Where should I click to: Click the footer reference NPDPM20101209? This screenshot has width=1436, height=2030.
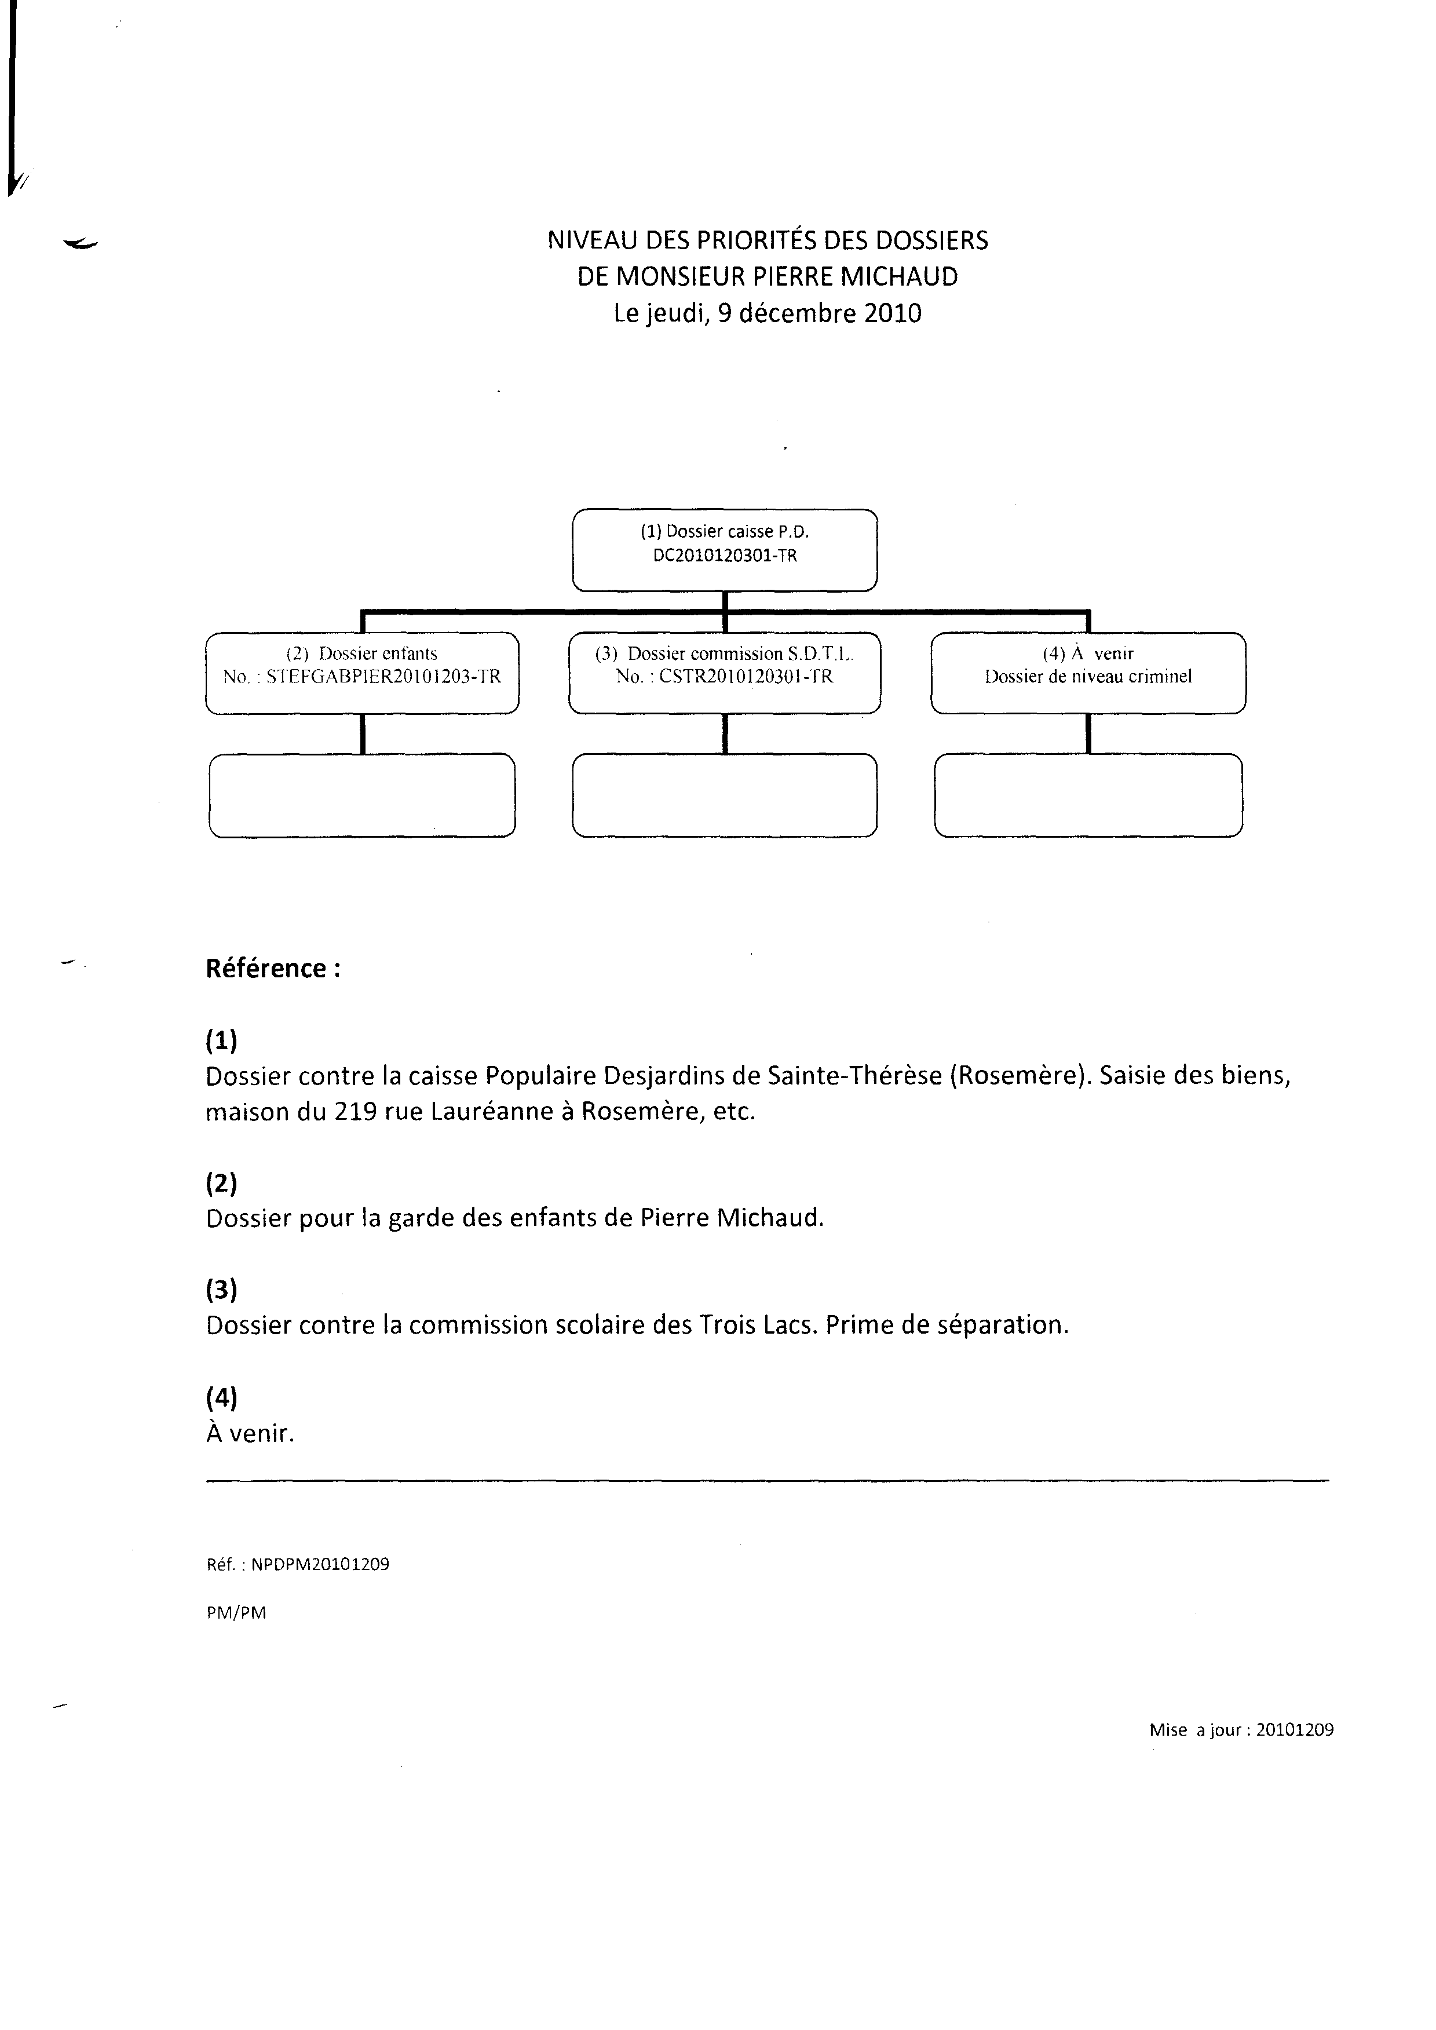tap(320, 1564)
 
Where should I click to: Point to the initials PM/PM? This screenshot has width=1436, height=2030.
tap(236, 1613)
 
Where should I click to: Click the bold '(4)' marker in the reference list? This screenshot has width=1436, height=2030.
tap(222, 1398)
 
